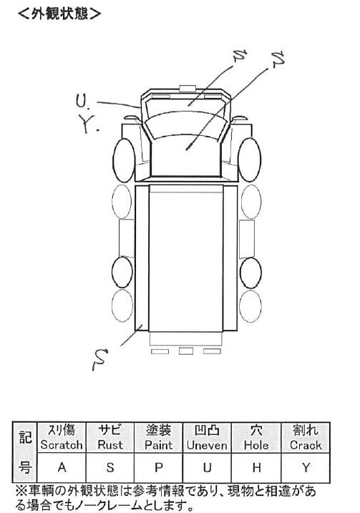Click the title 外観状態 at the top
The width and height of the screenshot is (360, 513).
tap(59, 14)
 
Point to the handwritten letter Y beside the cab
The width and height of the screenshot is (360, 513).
tap(87, 124)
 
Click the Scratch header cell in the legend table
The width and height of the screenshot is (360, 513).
tap(62, 437)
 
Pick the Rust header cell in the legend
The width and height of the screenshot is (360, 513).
tap(110, 437)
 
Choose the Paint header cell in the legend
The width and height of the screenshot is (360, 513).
tap(158, 437)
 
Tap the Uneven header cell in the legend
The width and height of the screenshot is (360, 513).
tap(207, 437)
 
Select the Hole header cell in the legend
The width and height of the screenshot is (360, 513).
tap(256, 437)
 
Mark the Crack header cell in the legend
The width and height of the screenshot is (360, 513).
tap(306, 437)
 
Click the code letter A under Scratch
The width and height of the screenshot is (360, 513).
tap(62, 467)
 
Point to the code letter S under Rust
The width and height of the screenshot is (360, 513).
tap(110, 467)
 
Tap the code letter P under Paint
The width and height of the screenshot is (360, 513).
tap(159, 467)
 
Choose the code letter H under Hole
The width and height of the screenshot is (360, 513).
tap(257, 467)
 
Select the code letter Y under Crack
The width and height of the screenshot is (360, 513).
tap(306, 467)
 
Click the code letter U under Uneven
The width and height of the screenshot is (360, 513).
tap(207, 467)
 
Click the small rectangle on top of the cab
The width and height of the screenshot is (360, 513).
tap(188, 88)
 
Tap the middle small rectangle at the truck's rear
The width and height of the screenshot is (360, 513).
tap(185, 351)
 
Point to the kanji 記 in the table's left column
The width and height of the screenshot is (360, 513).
tap(24, 437)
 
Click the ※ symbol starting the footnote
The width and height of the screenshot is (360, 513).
tap(21, 491)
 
